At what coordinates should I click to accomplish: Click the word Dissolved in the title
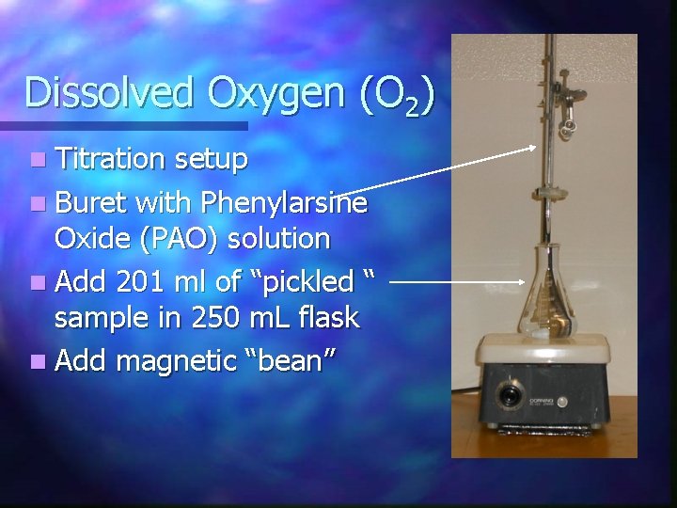[98, 93]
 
